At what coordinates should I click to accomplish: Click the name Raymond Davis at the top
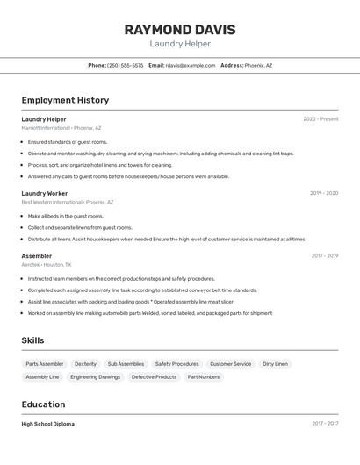pos(180,29)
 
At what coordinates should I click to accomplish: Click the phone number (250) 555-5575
pos(125,65)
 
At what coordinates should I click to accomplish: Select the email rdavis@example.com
pos(191,65)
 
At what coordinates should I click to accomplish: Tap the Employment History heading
pos(65,100)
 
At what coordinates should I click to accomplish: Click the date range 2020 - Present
pos(320,119)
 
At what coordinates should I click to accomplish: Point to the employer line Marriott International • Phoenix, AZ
pos(61,128)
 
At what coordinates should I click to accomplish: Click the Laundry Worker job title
pos(45,193)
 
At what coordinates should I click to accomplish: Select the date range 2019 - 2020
pos(324,193)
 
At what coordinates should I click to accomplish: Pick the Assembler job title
pos(37,255)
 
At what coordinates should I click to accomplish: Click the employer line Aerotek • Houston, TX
pos(47,264)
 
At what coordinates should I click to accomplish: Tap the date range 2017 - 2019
pos(325,255)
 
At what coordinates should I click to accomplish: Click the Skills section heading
pos(32,340)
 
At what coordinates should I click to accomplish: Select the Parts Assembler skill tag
pos(45,364)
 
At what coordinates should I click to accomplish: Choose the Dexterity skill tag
pos(85,364)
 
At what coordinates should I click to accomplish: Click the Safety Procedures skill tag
pos(176,364)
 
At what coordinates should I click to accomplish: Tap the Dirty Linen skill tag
pos(275,364)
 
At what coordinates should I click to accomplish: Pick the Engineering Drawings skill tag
pos(96,377)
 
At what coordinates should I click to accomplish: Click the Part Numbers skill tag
pos(204,377)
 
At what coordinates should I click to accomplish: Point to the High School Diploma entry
pos(48,424)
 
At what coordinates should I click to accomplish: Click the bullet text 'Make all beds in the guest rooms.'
pos(66,216)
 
